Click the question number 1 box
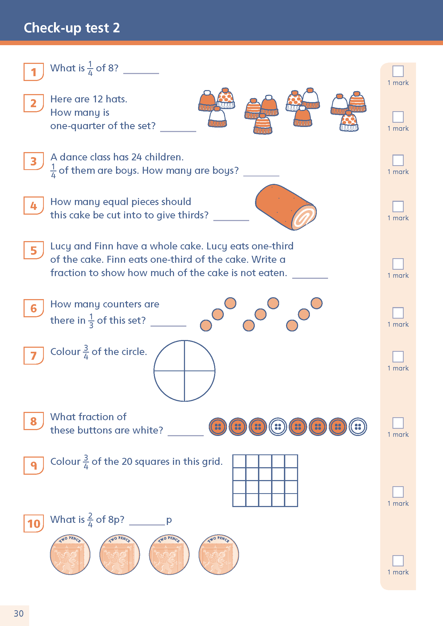[33, 72]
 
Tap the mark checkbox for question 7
[398, 356]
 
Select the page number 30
[18, 613]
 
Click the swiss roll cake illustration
[286, 207]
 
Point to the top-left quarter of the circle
[170, 356]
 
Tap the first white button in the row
[278, 427]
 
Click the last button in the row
[358, 427]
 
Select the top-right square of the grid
[291, 461]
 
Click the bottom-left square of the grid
[239, 500]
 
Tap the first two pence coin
[70, 555]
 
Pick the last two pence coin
[218, 555]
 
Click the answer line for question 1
[141, 73]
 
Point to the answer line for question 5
[310, 278]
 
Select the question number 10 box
[33, 523]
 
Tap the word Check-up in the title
[53, 28]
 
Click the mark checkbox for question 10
[398, 561]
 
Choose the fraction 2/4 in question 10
[90, 519]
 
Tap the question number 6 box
[33, 308]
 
